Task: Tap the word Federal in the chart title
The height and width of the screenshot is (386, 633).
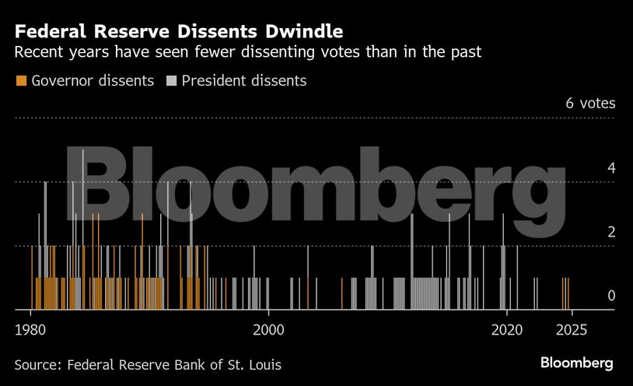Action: click(51, 32)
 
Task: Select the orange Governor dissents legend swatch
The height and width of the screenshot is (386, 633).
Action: click(21, 81)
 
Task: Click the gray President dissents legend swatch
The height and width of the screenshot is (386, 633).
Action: click(172, 81)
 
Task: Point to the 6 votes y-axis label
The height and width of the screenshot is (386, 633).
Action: click(589, 104)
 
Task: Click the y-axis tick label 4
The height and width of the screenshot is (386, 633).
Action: click(611, 168)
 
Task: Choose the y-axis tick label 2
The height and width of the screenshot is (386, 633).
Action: click(611, 232)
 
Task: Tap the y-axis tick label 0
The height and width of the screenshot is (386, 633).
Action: click(611, 296)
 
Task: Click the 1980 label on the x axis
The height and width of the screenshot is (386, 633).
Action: click(30, 328)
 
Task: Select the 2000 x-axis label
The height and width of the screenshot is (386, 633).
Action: click(268, 328)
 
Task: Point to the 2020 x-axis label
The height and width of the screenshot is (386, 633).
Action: click(507, 328)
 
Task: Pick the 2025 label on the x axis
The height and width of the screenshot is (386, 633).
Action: click(571, 328)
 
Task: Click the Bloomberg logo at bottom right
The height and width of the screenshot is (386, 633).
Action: click(577, 363)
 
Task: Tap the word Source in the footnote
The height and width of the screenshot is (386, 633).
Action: click(38, 364)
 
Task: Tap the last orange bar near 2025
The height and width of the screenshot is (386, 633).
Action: click(568, 293)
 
